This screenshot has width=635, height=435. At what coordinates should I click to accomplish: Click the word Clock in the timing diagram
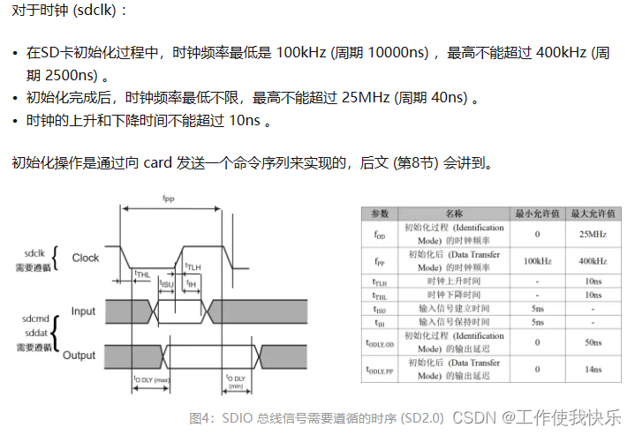[86, 258]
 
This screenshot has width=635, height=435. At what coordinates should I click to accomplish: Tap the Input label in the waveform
[84, 311]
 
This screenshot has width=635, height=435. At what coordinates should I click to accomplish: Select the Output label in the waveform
[79, 356]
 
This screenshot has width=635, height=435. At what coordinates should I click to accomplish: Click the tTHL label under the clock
[142, 274]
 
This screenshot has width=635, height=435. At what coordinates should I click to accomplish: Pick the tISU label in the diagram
[166, 283]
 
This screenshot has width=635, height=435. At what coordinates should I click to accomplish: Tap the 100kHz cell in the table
[537, 261]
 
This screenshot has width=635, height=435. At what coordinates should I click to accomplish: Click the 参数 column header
[380, 214]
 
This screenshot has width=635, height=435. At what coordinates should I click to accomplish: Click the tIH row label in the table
[380, 322]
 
